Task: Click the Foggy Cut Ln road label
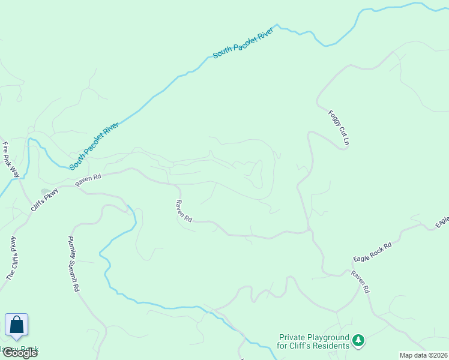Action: (x=339, y=128)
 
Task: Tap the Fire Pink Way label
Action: (x=11, y=160)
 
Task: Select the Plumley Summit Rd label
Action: (x=72, y=268)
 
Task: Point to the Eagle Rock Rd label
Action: (x=372, y=252)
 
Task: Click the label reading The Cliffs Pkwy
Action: (x=11, y=259)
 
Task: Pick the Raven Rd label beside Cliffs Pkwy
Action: (x=89, y=179)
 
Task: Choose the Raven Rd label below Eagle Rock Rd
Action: (x=360, y=281)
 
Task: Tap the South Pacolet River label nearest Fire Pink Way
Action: (x=94, y=146)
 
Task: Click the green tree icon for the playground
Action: (x=358, y=341)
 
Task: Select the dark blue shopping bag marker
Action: (x=17, y=325)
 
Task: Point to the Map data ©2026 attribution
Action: (x=423, y=355)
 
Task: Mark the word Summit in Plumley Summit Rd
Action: (x=73, y=269)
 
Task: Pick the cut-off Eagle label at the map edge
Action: (x=442, y=222)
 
